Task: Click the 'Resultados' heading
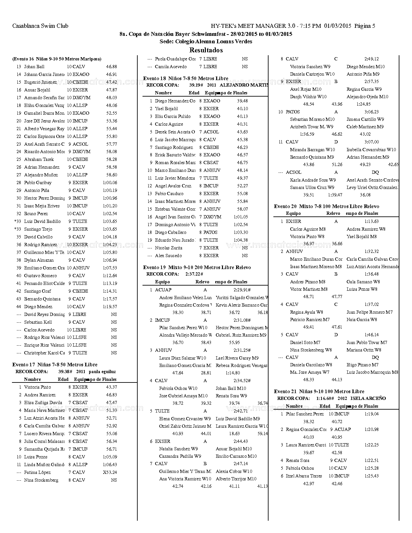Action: click(x=206, y=50)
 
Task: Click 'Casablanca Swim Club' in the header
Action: click(x=40, y=26)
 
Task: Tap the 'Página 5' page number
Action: click(x=364, y=26)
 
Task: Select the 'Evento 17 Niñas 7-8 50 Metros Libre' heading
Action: click(x=55, y=365)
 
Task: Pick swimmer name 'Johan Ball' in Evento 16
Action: click(x=34, y=67)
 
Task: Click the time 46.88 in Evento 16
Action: click(x=111, y=67)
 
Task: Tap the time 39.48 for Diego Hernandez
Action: click(x=242, y=101)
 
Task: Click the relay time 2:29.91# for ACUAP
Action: click(x=242, y=290)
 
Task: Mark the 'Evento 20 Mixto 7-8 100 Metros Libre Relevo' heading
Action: click(x=326, y=206)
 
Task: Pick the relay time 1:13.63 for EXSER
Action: click(x=372, y=221)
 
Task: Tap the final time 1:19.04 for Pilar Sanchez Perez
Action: click(x=372, y=414)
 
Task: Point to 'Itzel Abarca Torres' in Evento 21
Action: click(x=304, y=476)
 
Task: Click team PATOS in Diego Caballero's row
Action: click(x=210, y=232)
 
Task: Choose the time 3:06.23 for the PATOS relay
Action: click(x=372, y=112)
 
